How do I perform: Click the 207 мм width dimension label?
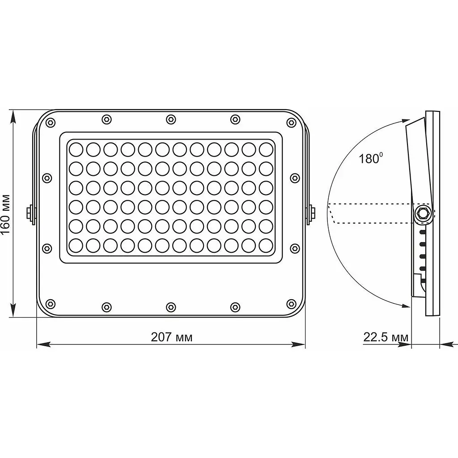(x=172, y=337)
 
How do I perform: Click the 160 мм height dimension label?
(x=5, y=214)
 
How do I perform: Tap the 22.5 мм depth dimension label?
(x=386, y=337)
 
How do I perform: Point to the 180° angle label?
(x=370, y=158)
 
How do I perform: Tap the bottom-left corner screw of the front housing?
(x=51, y=304)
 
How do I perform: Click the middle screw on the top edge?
(x=171, y=119)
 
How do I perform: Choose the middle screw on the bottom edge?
(x=171, y=307)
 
